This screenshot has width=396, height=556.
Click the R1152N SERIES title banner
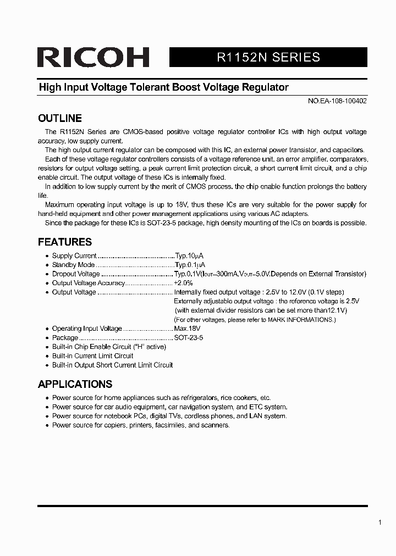(x=268, y=57)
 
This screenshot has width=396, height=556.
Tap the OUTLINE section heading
(x=59, y=118)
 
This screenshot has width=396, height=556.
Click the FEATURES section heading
(x=64, y=242)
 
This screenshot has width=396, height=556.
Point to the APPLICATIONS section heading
(x=75, y=384)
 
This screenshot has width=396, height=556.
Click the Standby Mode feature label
(x=73, y=265)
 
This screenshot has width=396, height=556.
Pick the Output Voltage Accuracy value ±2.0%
(x=183, y=283)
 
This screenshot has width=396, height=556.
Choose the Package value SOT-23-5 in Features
(x=188, y=338)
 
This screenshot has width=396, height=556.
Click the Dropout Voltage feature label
(x=76, y=274)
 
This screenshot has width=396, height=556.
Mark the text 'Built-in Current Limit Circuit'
(x=92, y=356)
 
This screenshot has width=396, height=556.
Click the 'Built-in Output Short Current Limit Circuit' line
(x=112, y=365)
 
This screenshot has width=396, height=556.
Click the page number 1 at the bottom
(x=380, y=522)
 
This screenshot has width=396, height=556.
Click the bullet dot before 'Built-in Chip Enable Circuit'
(x=47, y=347)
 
